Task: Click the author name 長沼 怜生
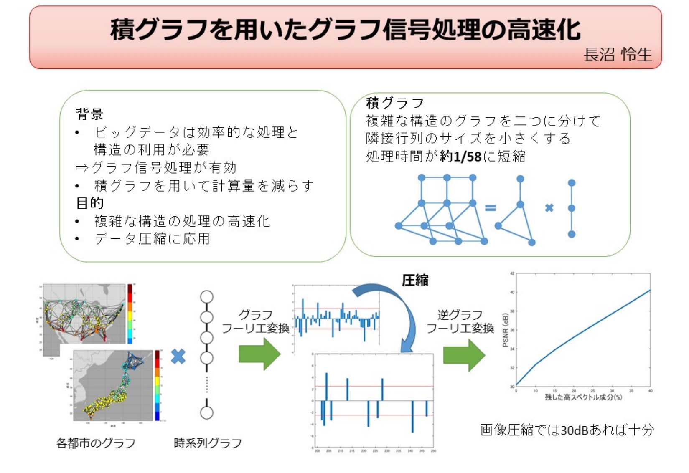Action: click(x=617, y=55)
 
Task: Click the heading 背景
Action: click(x=89, y=114)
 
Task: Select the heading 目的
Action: click(x=89, y=203)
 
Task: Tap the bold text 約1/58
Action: click(x=460, y=157)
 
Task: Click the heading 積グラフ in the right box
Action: click(x=395, y=103)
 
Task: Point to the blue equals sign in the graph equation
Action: click(x=490, y=207)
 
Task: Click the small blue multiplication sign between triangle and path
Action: click(x=549, y=208)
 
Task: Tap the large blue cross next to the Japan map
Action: click(x=178, y=356)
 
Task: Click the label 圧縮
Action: click(x=415, y=280)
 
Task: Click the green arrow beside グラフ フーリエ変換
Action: click(x=259, y=354)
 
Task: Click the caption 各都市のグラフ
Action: click(x=96, y=443)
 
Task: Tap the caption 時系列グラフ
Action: click(x=208, y=443)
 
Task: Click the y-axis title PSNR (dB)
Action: click(x=506, y=330)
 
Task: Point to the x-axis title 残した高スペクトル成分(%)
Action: click(x=583, y=397)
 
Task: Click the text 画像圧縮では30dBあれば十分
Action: click(x=567, y=430)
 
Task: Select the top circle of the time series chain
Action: click(x=207, y=297)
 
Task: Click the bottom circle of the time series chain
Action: click(x=207, y=413)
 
